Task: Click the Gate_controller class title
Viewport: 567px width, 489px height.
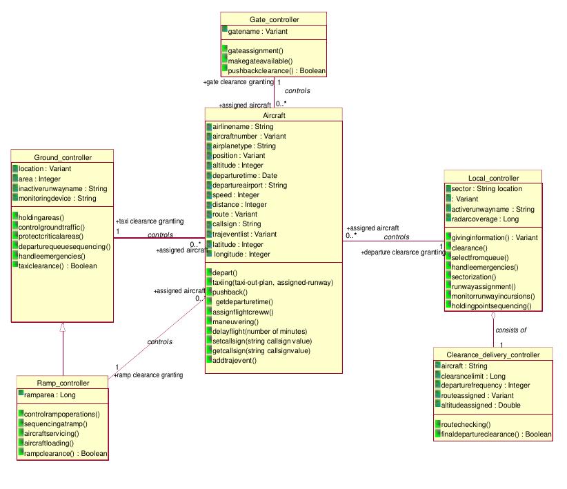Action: tap(274, 19)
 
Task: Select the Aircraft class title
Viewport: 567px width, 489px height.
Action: tap(274, 115)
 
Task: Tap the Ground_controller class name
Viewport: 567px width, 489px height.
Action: tap(62, 157)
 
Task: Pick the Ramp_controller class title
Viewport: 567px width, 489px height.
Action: tap(63, 383)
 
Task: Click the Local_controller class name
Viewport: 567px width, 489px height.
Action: tap(493, 178)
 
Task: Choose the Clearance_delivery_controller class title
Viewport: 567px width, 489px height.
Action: tap(494, 355)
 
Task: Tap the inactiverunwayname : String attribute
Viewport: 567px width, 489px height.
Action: tap(63, 188)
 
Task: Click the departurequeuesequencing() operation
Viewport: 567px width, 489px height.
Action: tap(64, 246)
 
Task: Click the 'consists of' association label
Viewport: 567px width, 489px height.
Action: tap(510, 330)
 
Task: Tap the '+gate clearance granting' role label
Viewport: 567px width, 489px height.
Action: tap(239, 82)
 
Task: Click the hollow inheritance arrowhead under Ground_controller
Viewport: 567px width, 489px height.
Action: tap(63, 328)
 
